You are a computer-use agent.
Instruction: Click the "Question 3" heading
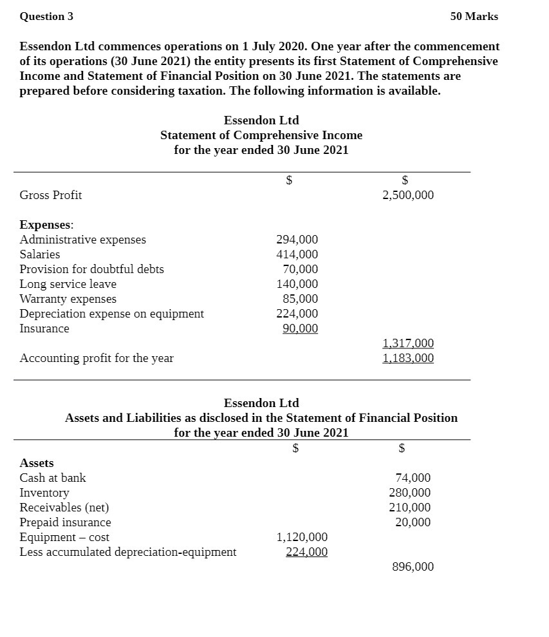click(x=46, y=17)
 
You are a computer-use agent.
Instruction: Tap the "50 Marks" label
click(x=474, y=17)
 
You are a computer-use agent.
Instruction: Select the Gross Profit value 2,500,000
click(x=407, y=195)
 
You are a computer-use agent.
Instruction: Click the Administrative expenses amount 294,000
click(x=297, y=240)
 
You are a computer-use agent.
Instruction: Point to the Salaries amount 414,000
click(x=297, y=254)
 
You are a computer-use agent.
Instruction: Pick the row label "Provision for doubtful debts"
click(x=91, y=269)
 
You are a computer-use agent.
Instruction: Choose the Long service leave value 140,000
click(x=297, y=284)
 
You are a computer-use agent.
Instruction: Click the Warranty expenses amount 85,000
click(x=300, y=299)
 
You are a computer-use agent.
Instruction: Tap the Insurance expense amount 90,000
click(x=300, y=328)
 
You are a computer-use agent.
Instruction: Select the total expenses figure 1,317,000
click(x=407, y=343)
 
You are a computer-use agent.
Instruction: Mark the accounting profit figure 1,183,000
click(x=407, y=358)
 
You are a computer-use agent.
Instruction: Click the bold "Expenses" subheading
click(x=46, y=225)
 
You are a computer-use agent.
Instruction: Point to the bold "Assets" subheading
click(x=37, y=463)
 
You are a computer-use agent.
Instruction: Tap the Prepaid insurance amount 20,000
click(x=413, y=522)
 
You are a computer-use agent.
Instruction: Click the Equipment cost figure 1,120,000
click(x=302, y=537)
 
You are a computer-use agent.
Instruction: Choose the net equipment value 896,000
click(x=413, y=567)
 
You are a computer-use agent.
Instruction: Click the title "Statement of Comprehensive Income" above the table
click(x=261, y=135)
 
